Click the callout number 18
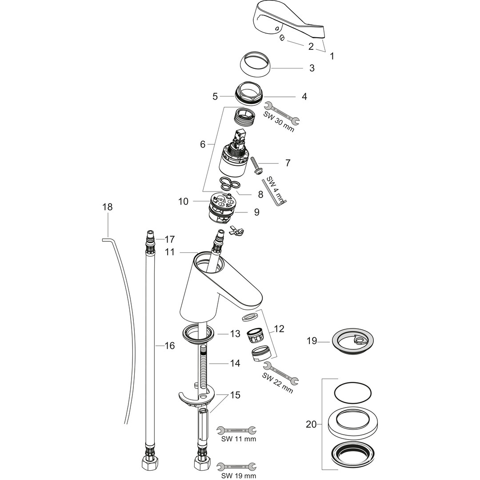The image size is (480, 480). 108,207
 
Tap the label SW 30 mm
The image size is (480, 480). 279,122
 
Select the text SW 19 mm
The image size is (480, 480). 239,476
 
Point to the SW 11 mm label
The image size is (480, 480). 239,439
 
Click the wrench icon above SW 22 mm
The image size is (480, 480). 281,372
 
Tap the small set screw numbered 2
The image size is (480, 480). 282,38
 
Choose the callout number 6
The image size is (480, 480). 203,144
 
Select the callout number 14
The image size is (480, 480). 235,364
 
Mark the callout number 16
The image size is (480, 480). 169,346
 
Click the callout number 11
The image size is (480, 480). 170,252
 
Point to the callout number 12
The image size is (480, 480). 279,329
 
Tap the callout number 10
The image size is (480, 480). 184,201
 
